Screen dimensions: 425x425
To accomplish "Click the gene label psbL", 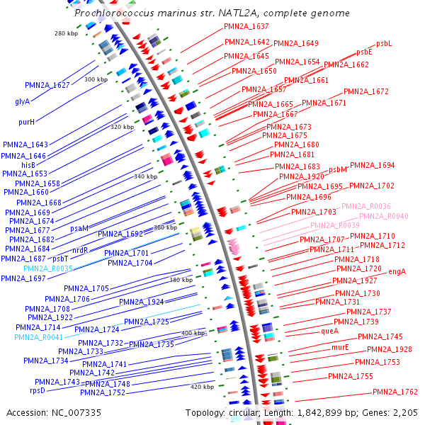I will point(384,43).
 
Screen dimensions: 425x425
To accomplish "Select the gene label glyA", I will point(23,101).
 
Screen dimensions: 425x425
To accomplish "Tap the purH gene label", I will point(26,122).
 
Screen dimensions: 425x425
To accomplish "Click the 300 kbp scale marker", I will point(96,79).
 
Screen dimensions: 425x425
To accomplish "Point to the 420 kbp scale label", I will point(202,387).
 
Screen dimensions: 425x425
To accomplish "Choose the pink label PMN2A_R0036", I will point(366,206).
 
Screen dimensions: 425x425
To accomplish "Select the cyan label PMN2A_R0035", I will point(48,268).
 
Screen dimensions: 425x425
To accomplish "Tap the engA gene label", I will point(397,271).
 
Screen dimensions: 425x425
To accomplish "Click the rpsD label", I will point(37,390).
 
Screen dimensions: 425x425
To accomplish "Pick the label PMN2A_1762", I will point(395,392).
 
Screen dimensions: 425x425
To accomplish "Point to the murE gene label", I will point(340,347).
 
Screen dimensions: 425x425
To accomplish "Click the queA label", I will point(330,331).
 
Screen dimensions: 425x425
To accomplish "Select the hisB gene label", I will point(28,164).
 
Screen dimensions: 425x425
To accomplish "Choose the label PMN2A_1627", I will point(47,85).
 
